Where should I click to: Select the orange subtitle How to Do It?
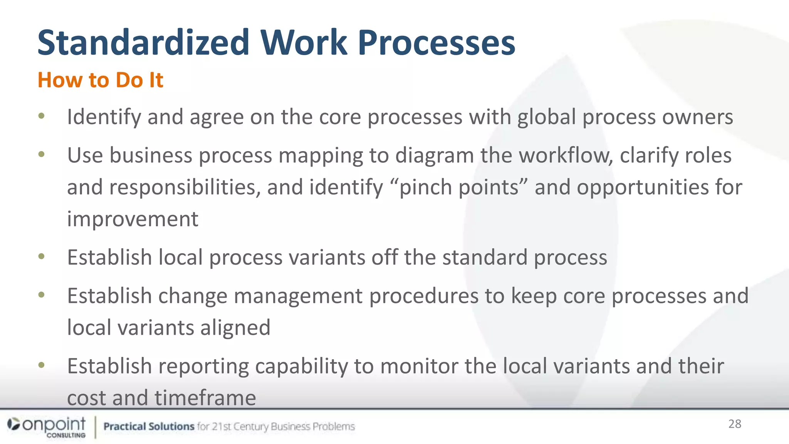click(x=100, y=80)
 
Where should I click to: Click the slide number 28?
click(x=735, y=424)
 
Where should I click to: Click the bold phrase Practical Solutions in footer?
click(x=149, y=426)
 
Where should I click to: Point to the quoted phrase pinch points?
click(x=459, y=187)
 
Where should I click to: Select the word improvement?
click(x=133, y=219)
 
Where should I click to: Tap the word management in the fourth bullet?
click(x=298, y=296)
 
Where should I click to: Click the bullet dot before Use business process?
click(x=42, y=155)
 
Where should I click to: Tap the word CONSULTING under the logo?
click(x=66, y=436)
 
